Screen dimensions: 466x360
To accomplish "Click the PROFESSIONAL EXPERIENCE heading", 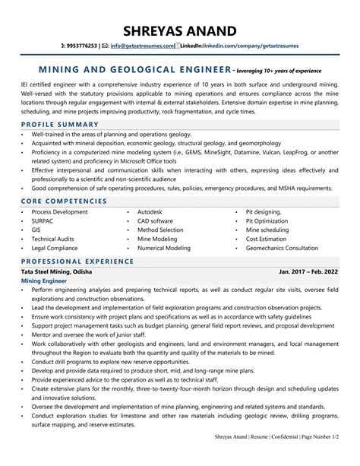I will tap(77, 261).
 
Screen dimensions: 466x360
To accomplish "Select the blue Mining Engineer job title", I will tap(44, 281).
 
